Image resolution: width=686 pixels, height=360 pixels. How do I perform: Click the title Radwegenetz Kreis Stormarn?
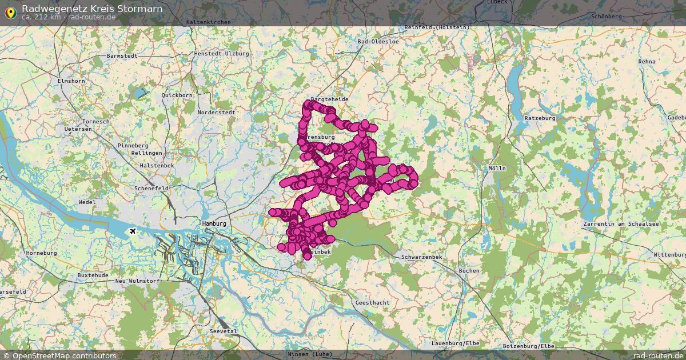91,9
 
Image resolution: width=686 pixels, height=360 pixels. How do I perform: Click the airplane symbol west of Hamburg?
133,231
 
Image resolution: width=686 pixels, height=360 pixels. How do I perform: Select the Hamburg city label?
214,223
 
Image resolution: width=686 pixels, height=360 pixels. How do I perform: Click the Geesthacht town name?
373,302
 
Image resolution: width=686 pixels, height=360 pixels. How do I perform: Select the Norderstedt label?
216,113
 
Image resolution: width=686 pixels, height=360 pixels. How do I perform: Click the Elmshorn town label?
71,81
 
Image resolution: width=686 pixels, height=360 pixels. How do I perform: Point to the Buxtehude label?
93,275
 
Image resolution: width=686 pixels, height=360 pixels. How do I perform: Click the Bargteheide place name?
329,99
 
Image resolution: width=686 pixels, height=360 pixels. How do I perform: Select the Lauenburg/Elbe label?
455,343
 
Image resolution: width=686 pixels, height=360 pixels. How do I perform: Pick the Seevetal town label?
223,331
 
